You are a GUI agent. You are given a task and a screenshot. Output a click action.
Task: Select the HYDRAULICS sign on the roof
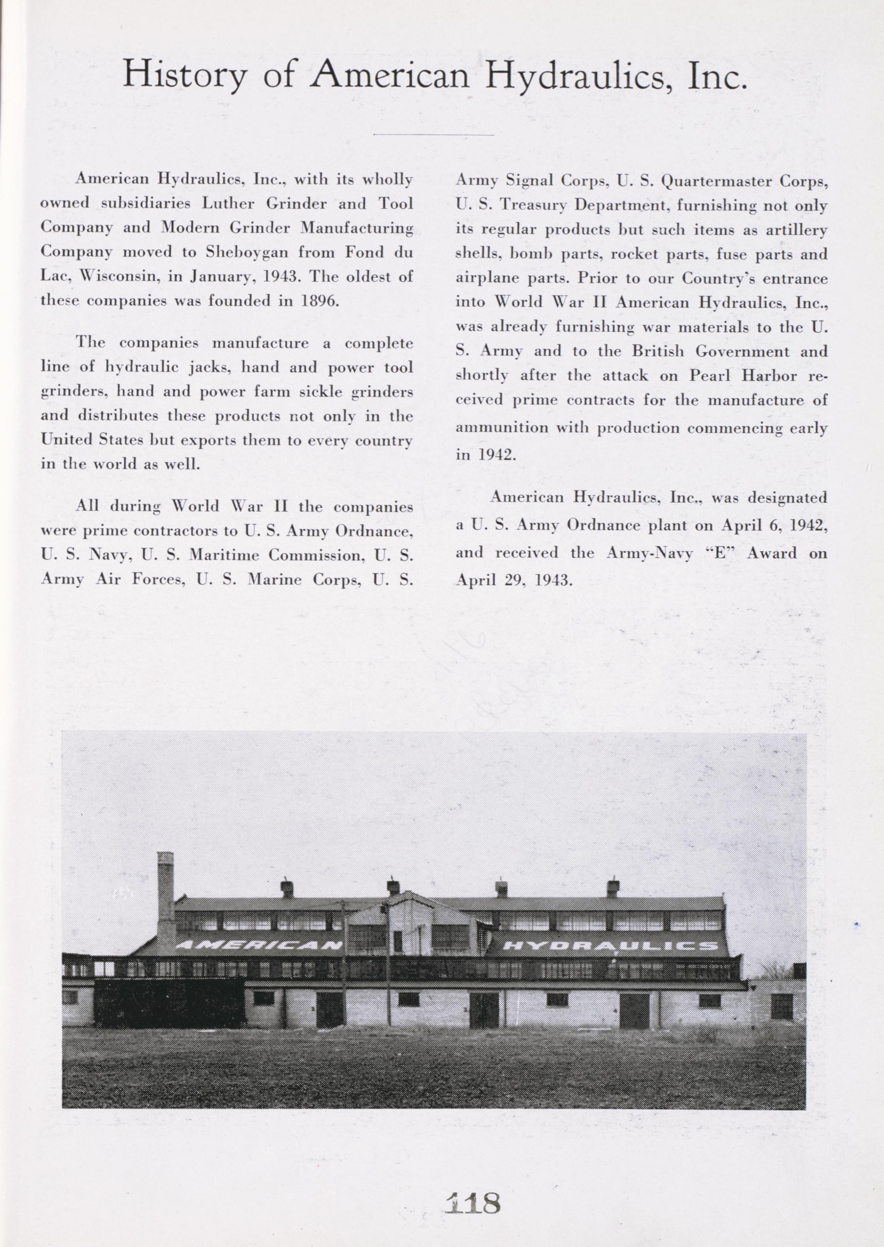pos(608,946)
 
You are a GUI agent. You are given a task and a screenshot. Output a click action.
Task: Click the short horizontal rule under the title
pos(434,134)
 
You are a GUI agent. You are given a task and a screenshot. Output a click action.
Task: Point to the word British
pos(658,352)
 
